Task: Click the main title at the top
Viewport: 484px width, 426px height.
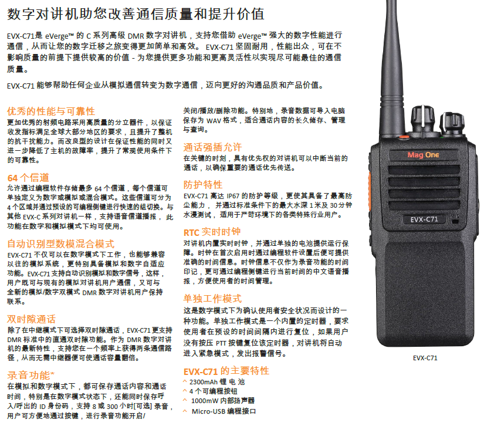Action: tap(136, 14)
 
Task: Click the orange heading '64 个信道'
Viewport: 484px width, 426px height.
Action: tap(28, 177)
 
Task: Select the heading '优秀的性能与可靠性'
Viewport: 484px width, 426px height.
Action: tap(51, 111)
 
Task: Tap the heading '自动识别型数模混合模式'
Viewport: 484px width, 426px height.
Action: tap(61, 244)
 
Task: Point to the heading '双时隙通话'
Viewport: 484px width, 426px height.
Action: tap(31, 319)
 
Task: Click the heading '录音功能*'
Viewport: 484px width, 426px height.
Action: tap(31, 375)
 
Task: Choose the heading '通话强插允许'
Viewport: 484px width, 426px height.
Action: tap(212, 147)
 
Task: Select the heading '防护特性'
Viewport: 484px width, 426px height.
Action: tap(203, 185)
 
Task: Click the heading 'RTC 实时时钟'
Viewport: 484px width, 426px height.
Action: tap(212, 232)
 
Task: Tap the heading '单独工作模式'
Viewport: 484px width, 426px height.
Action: tap(212, 299)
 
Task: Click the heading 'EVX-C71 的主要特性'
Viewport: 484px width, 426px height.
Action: tap(226, 371)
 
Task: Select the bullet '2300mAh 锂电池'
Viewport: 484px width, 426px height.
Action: tap(216, 382)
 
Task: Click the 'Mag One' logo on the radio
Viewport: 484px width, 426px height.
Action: tap(423, 155)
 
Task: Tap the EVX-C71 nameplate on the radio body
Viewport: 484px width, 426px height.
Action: tap(424, 219)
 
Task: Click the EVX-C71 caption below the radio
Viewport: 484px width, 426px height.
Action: tap(425, 358)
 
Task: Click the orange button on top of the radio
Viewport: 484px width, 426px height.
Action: tap(404, 137)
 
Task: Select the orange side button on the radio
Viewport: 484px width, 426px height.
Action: tap(369, 185)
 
